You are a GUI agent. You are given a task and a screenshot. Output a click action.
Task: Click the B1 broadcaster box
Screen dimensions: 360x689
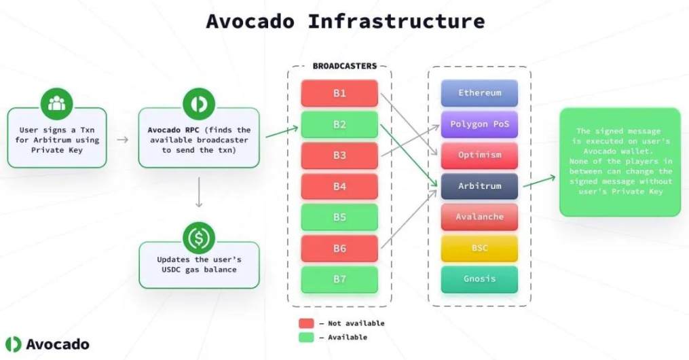point(339,93)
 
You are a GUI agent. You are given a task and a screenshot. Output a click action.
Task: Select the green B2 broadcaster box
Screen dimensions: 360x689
point(339,124)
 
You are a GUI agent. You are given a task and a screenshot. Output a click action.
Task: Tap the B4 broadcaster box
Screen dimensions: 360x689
point(339,186)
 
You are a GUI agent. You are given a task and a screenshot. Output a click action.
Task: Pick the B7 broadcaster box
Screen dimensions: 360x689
point(339,279)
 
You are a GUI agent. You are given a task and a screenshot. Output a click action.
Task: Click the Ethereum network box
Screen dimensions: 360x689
point(479,93)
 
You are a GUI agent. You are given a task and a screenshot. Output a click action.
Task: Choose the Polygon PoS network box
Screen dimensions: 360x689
point(479,124)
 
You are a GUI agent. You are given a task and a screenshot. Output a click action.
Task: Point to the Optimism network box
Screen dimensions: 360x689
point(479,155)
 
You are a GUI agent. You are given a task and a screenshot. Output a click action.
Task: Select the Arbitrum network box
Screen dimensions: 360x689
point(479,186)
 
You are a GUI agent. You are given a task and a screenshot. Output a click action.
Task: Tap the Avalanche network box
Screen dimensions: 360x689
point(479,217)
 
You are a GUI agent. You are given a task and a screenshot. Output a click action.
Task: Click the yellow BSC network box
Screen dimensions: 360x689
point(479,248)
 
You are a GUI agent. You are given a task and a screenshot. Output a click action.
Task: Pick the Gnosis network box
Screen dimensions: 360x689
point(479,279)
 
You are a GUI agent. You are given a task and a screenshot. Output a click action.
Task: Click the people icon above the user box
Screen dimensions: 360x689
point(57,104)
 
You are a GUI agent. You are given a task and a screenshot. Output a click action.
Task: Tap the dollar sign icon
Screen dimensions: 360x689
point(199,238)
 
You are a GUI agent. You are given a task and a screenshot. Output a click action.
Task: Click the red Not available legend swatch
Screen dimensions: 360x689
point(306,323)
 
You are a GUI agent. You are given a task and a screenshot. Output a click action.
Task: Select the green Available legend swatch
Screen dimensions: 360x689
point(306,338)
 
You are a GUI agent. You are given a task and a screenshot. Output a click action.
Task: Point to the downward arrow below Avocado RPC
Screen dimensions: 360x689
point(199,194)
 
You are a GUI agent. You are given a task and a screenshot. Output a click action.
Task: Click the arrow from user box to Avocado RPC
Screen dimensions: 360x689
point(123,139)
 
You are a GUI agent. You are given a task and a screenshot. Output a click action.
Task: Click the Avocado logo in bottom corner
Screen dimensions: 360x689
point(14,344)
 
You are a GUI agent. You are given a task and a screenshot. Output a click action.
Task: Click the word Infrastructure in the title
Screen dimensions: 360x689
point(396,21)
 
